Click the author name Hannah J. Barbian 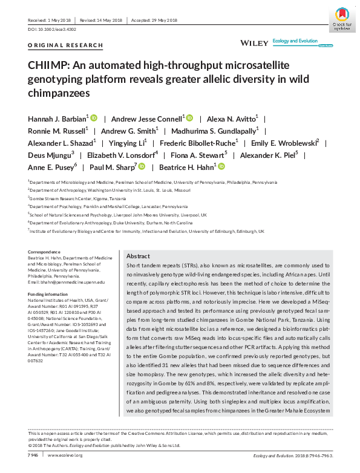tap(57, 118)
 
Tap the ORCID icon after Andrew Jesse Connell tap(189, 118)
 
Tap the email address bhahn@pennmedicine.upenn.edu tap(67, 282)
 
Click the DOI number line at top tap(53, 29)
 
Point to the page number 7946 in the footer tap(34, 455)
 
